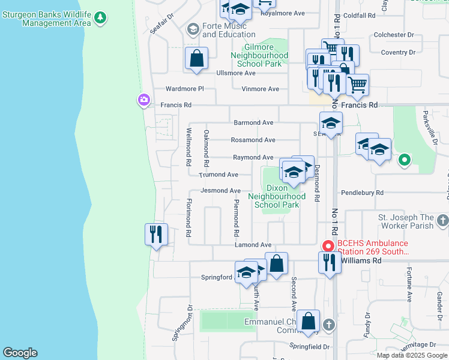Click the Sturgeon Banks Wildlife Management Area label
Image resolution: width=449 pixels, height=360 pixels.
pyautogui.click(x=46, y=19)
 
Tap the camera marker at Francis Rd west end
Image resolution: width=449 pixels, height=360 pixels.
pyautogui.click(x=144, y=100)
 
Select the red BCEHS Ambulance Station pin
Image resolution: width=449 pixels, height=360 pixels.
pyautogui.click(x=328, y=246)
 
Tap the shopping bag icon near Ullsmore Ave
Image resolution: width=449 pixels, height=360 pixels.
pyautogui.click(x=196, y=59)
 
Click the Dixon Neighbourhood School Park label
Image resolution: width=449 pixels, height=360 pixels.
pyautogui.click(x=277, y=196)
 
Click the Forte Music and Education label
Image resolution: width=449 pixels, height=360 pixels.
pyautogui.click(x=224, y=30)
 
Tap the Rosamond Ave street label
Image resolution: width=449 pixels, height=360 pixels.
pyautogui.click(x=253, y=140)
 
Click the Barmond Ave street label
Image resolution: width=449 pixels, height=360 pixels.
pyautogui.click(x=253, y=122)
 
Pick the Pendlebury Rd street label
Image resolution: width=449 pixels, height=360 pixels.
pyautogui.click(x=362, y=193)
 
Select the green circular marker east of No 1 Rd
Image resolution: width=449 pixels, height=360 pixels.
pyautogui.click(x=405, y=160)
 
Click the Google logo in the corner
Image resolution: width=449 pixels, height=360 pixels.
pyautogui.click(x=20, y=353)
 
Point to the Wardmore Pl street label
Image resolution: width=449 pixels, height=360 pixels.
pyautogui.click(x=185, y=89)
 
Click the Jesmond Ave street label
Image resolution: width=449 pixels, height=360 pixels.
pyautogui.click(x=220, y=191)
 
